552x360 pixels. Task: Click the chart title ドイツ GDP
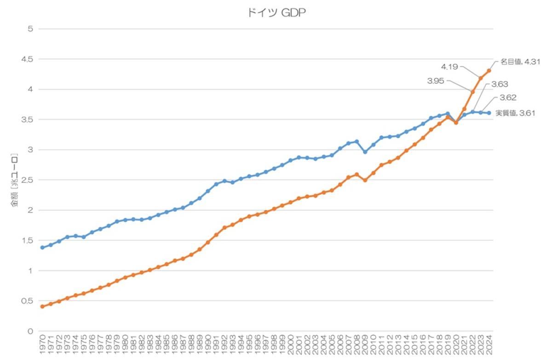coord(276,13)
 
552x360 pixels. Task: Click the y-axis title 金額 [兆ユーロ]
coord(15,180)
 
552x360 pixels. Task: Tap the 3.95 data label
coord(436,81)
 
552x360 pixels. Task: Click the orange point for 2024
coord(489,70)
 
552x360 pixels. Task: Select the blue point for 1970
coord(42,248)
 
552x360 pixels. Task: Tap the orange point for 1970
coord(42,306)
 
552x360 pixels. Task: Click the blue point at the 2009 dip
coord(365,151)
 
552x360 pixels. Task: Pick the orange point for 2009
coord(365,180)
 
